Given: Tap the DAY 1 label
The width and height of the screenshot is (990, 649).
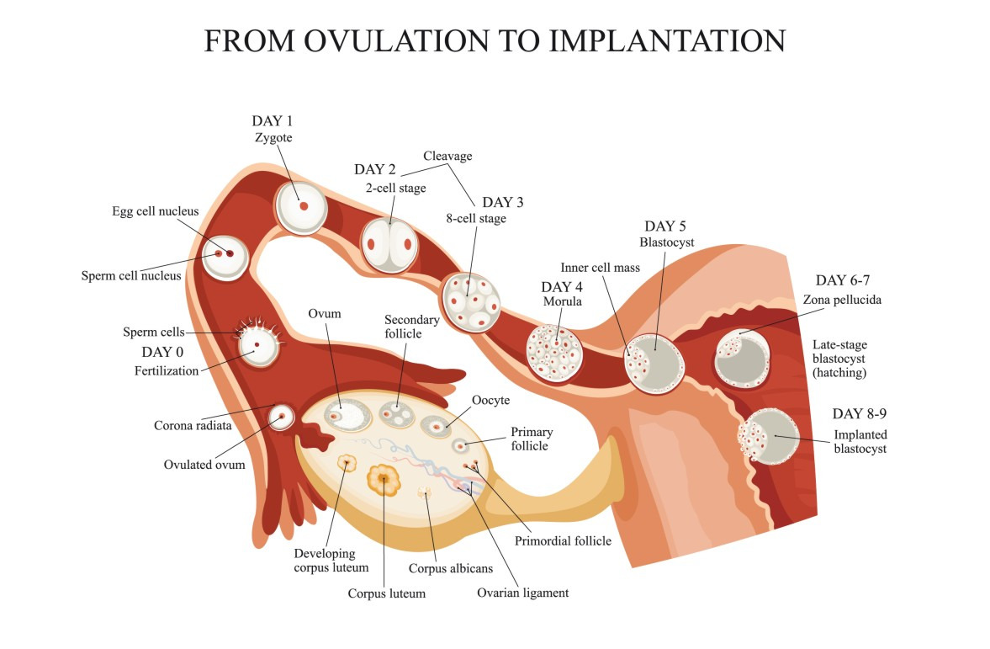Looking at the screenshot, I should [x=278, y=120].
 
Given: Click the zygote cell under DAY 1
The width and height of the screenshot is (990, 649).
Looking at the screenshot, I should [x=301, y=206].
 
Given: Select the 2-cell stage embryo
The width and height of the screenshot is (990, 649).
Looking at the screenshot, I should [x=389, y=244].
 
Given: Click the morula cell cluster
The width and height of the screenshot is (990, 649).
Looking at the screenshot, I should [x=554, y=353].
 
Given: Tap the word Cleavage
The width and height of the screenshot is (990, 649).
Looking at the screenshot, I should [x=447, y=156].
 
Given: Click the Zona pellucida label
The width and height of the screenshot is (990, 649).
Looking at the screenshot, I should [x=842, y=299].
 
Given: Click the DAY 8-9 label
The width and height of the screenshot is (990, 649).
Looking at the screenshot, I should [x=860, y=413].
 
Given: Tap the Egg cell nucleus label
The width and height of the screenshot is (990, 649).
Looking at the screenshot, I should [x=155, y=211].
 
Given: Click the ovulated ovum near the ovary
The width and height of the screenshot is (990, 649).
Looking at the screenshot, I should [x=280, y=416].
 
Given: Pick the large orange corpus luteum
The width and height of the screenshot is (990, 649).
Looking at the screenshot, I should [x=384, y=481].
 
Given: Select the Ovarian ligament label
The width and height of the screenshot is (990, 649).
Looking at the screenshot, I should [x=522, y=593].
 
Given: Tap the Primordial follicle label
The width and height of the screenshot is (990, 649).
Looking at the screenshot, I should [x=563, y=540].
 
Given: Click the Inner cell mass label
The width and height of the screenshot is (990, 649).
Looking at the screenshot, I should [x=601, y=268].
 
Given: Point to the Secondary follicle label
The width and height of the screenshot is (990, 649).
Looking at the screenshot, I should [x=412, y=327].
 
